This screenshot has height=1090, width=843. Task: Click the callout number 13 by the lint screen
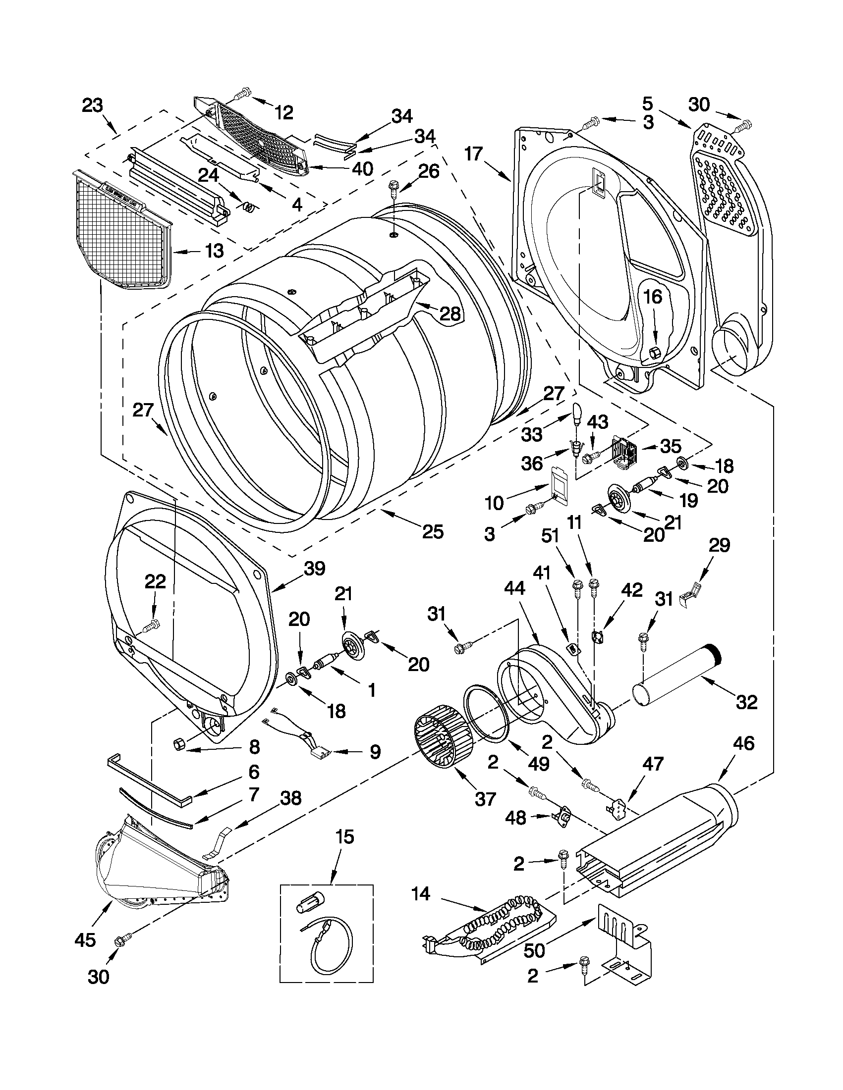214,251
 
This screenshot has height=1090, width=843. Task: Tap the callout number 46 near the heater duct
743,743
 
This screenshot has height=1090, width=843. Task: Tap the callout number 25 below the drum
433,532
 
